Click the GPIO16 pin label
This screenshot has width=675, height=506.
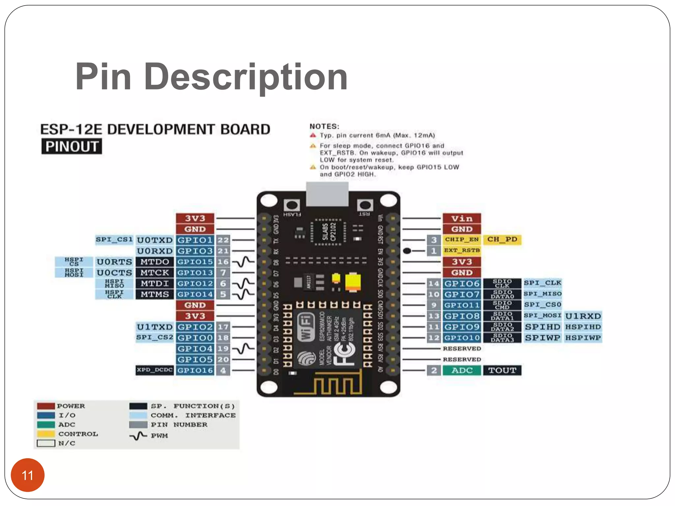coord(195,370)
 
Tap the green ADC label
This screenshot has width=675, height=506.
coord(462,370)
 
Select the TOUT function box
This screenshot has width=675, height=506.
coord(502,370)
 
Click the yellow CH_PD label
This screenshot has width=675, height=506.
coord(502,239)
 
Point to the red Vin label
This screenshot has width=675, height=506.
coord(462,218)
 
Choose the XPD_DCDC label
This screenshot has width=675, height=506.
coord(155,370)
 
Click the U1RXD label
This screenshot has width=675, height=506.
coord(583,316)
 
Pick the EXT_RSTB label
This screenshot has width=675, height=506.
coord(462,250)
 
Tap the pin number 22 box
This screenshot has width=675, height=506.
coord(223,240)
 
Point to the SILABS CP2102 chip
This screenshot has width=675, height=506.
coord(329,232)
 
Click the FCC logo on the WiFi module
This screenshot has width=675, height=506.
coord(343,354)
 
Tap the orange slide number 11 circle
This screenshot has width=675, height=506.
coord(28,475)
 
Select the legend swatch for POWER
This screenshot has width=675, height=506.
coord(46,406)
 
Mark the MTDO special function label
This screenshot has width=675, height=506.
coord(155,262)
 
